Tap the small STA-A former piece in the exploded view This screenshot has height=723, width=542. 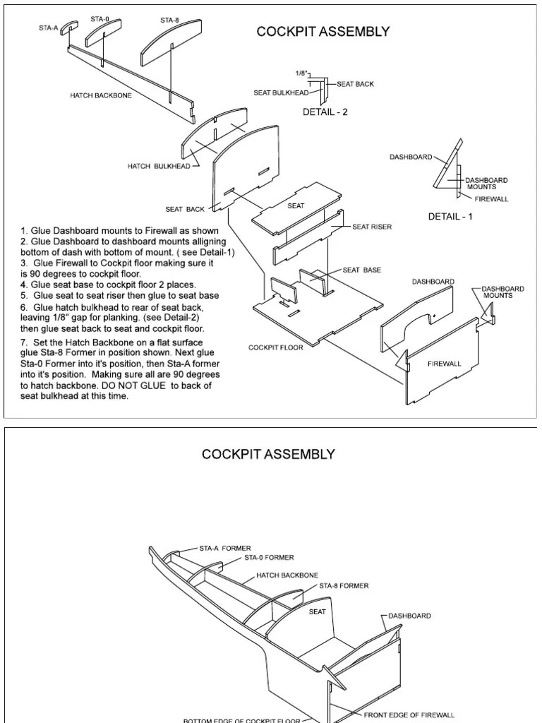pos(68,27)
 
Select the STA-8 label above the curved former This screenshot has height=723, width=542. pos(169,20)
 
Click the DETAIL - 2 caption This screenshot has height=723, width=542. pos(325,112)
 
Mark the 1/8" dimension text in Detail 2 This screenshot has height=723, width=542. pos(301,73)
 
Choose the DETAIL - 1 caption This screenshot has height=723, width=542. pos(450,217)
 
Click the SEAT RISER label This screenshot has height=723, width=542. pos(372,227)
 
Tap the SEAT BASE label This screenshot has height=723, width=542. pos(362,270)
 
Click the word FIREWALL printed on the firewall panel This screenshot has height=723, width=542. pos(445,364)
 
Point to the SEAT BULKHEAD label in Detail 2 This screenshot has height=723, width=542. pos(281,92)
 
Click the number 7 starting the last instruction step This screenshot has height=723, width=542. pos(23,342)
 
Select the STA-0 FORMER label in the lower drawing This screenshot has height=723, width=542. pos(269,557)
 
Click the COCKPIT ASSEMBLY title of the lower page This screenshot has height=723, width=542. pos(269,454)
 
